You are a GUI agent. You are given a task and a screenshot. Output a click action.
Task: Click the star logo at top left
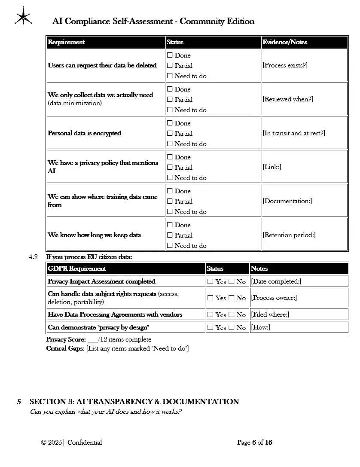[x=23, y=16]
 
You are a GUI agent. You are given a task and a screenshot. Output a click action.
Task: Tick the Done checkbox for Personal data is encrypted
[x=170, y=123]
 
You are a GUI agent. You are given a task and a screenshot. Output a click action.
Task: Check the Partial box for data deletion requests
[x=170, y=66]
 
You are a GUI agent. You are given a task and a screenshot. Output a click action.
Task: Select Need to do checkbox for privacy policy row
[x=170, y=178]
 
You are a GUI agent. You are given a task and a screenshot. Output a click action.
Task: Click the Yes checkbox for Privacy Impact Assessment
[x=211, y=282]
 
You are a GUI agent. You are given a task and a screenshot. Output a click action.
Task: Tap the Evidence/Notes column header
[x=285, y=42]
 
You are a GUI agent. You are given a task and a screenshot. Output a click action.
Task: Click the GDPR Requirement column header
[x=77, y=269]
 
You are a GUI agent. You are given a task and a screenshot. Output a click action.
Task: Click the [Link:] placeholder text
[x=272, y=167]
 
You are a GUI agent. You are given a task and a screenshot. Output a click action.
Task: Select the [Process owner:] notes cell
[x=274, y=298]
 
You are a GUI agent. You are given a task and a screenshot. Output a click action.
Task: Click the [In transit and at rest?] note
[x=294, y=133]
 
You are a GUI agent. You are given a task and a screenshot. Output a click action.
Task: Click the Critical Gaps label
[x=65, y=348]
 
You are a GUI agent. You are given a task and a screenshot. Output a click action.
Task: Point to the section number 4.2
[x=34, y=257]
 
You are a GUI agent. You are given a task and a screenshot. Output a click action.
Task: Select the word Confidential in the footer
[x=85, y=443]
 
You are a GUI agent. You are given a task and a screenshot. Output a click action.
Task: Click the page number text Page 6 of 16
[x=255, y=443]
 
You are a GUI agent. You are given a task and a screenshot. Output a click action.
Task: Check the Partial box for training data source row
[x=170, y=201]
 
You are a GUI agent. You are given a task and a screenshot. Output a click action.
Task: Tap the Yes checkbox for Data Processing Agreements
[x=211, y=315]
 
